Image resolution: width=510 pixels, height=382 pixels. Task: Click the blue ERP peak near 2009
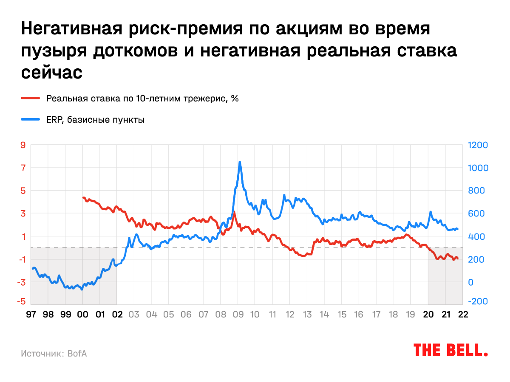(x=240, y=162)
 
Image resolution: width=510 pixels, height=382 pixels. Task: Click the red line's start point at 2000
(x=83, y=197)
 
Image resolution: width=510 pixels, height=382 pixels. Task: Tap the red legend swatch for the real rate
(x=31, y=98)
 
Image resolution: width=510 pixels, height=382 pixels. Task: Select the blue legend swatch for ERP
(x=31, y=120)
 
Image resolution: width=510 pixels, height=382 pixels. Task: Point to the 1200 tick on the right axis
(x=478, y=145)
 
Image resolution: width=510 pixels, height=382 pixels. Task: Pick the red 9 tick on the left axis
(x=23, y=145)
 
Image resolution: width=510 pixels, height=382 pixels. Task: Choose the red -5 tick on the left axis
(x=22, y=301)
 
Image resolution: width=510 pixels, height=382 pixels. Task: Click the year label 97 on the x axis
(x=31, y=315)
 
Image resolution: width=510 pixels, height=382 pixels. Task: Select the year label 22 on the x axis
(x=463, y=315)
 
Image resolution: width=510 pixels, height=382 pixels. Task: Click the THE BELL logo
(x=450, y=350)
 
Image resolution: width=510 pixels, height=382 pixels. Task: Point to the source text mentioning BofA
(x=54, y=353)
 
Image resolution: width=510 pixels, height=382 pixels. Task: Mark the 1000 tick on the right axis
(x=478, y=168)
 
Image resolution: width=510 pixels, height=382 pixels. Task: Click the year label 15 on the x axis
(x=341, y=315)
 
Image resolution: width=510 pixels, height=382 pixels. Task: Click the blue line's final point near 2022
(x=457, y=229)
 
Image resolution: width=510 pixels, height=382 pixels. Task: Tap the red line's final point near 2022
(x=458, y=258)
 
